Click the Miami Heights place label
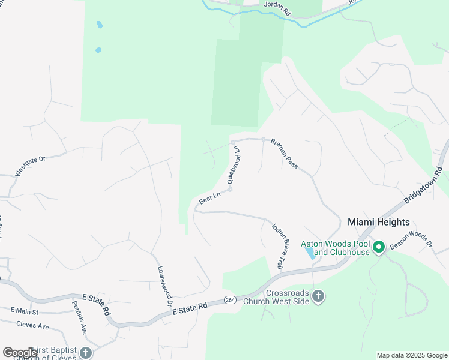tap(379, 222)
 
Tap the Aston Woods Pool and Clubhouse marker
tap(379, 247)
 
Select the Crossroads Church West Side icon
tap(318, 296)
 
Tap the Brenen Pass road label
tap(284, 154)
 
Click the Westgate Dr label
tap(31, 166)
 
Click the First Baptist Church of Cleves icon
tap(86, 353)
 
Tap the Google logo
tap(20, 353)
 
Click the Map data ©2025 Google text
tap(412, 355)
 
